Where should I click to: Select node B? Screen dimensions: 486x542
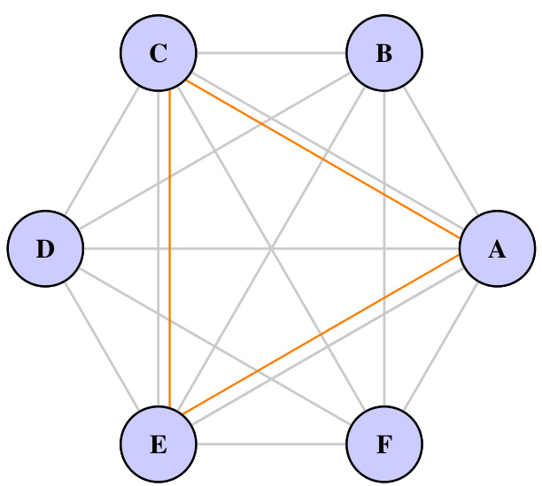click(x=384, y=53)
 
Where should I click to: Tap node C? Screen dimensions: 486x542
click(x=159, y=53)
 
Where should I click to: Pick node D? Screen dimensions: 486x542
click(x=45, y=249)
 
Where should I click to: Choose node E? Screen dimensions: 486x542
click(x=159, y=444)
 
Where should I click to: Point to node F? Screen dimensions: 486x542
click(x=384, y=444)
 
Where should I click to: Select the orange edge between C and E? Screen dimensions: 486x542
click(x=168, y=266)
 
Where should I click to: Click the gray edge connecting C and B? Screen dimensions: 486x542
click(x=271, y=53)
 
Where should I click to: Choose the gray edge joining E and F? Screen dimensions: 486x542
click(x=271, y=444)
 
